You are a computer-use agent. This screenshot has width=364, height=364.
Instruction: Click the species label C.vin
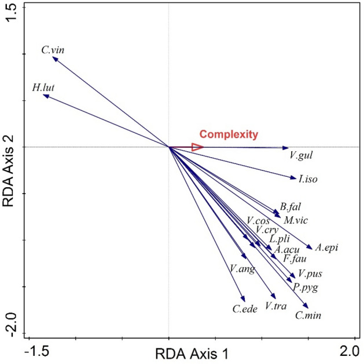pyautogui.click(x=53, y=50)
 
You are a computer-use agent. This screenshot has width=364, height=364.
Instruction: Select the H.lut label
pyautogui.click(x=44, y=88)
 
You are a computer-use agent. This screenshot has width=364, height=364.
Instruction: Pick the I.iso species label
pyautogui.click(x=307, y=180)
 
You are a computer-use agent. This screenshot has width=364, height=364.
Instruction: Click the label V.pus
pyautogui.click(x=310, y=274)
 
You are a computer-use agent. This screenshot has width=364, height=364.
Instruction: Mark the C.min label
pyautogui.click(x=308, y=315)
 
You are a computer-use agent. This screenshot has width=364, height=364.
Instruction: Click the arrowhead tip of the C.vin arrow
pyautogui.click(x=53, y=57)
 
